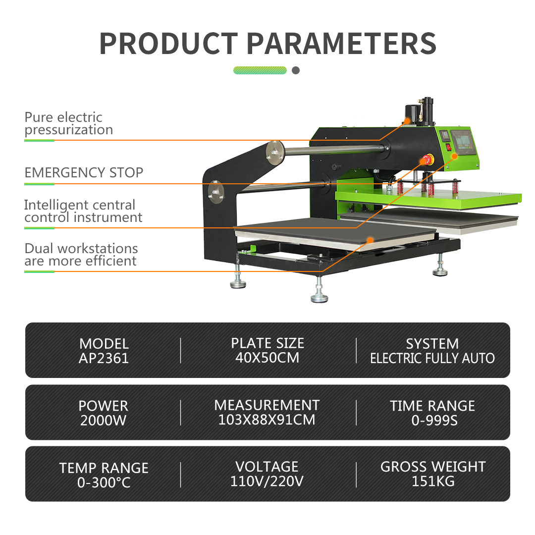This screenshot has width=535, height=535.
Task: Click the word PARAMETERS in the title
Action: pos(341,44)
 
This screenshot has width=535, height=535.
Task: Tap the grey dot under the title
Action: pos(296,70)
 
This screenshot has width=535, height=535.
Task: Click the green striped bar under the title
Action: pos(260,70)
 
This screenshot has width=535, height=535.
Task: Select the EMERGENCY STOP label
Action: pos(84,173)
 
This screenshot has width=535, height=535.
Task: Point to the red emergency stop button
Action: pos(428,160)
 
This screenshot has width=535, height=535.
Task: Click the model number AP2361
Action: pos(104,358)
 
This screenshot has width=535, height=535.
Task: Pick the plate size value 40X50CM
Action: pos(267,358)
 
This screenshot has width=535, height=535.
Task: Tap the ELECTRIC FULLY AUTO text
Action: pos(432,358)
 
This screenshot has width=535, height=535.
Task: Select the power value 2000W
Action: pos(104,421)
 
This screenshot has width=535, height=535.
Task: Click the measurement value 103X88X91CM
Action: pos(267,420)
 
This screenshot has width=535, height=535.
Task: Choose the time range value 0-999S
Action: pos(434,421)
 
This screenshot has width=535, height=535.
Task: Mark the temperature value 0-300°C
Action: pos(104,482)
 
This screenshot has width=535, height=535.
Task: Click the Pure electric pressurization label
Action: pos(68,123)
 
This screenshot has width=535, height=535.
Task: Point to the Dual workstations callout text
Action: pos(81,255)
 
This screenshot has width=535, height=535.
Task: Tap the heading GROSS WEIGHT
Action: pos(433,467)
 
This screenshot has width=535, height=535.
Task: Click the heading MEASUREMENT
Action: pos(267,405)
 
